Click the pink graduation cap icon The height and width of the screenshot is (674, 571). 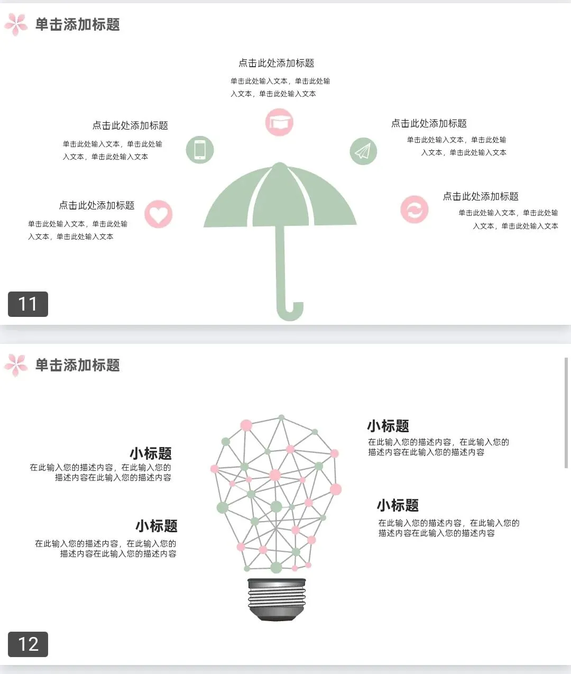(x=279, y=123)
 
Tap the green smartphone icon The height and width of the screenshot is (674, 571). (x=200, y=150)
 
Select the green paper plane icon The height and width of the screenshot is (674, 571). (x=363, y=151)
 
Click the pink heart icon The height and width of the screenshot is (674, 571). (x=159, y=214)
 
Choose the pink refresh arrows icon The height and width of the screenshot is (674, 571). (x=415, y=210)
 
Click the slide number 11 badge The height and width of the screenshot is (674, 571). (x=28, y=304)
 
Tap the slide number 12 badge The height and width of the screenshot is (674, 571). (x=28, y=644)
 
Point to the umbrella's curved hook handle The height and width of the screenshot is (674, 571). (x=290, y=312)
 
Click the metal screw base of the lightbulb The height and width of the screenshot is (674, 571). (x=277, y=599)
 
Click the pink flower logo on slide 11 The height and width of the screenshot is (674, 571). (x=16, y=24)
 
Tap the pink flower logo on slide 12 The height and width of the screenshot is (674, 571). (x=16, y=365)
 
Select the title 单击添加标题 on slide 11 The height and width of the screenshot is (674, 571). (x=78, y=24)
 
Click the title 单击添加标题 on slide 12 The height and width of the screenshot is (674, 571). (x=78, y=365)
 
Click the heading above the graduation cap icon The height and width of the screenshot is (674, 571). (x=277, y=63)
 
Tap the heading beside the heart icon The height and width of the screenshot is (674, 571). (x=97, y=205)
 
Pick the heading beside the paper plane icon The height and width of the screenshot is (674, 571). (x=429, y=124)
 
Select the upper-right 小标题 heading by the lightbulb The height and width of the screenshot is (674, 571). (x=388, y=426)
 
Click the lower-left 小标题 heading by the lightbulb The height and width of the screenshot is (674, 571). (x=156, y=526)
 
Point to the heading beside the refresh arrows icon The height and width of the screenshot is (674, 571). (x=481, y=197)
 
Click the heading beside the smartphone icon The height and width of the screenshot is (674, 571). (x=130, y=126)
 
